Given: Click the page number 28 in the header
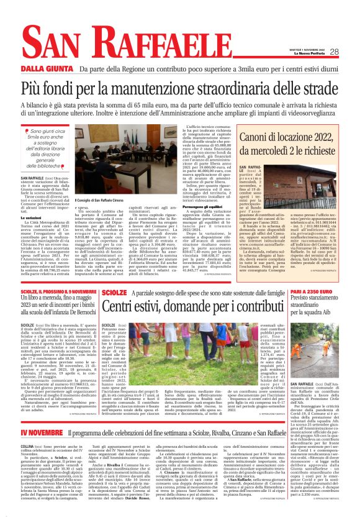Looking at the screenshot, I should (x=334, y=52).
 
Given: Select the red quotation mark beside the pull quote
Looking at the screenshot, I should (x=25, y=132).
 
